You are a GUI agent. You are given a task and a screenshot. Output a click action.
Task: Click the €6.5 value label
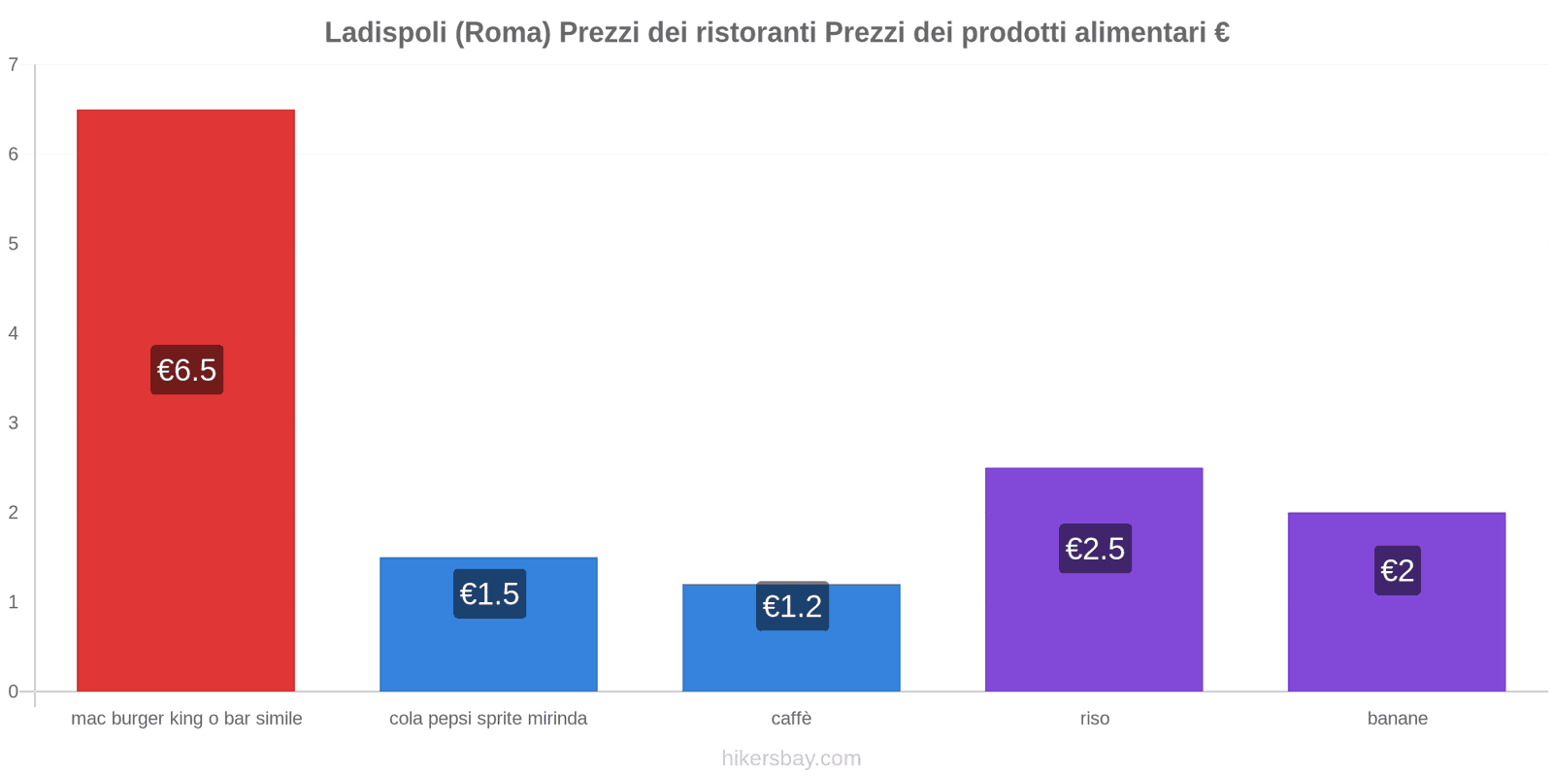(x=186, y=370)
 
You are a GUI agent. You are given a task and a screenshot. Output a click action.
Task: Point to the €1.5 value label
(x=489, y=593)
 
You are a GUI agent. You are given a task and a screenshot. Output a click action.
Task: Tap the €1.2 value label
(x=792, y=606)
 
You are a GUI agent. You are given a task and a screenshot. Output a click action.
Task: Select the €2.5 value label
(x=1095, y=549)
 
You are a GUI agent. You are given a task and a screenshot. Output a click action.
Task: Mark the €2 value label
(x=1397, y=570)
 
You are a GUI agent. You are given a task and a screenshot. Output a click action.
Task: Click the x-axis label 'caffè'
(x=791, y=719)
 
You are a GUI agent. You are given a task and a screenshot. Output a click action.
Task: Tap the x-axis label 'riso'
(x=1094, y=719)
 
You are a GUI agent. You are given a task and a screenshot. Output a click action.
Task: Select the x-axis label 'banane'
(x=1397, y=719)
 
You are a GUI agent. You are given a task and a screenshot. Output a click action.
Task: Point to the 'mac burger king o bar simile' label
(x=186, y=719)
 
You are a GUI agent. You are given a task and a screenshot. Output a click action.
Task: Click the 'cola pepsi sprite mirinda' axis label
(x=488, y=719)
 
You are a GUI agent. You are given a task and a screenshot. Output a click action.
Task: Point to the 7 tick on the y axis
(x=14, y=65)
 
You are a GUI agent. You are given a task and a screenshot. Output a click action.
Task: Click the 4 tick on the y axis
(x=14, y=334)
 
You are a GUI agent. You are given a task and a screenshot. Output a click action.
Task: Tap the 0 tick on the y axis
(x=14, y=692)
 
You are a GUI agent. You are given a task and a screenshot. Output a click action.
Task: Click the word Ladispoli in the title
(x=384, y=33)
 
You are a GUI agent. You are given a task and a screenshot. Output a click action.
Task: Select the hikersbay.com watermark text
(x=791, y=759)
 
